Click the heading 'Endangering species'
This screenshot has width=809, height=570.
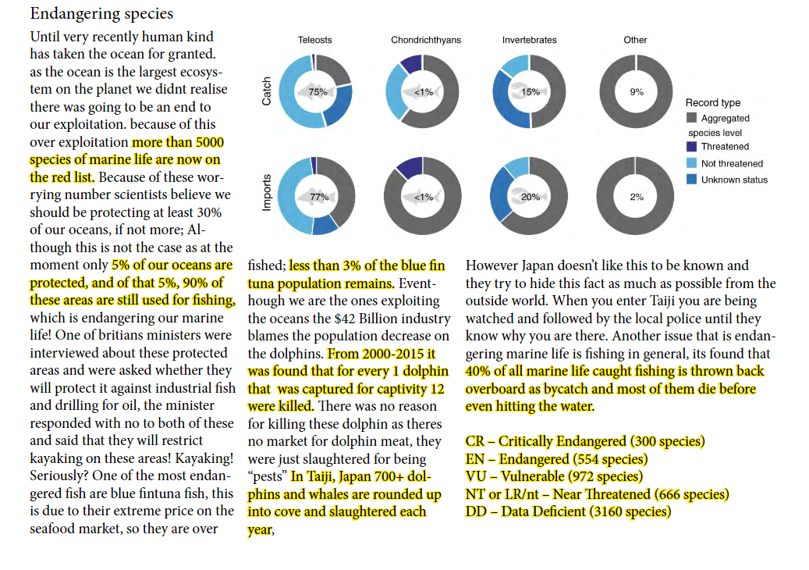(101, 14)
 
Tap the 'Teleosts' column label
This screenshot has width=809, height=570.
(314, 40)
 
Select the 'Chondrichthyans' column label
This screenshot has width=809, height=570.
(426, 40)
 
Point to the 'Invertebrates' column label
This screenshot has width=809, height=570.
(530, 40)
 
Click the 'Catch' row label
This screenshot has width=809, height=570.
(266, 91)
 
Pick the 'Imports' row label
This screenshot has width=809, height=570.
(266, 193)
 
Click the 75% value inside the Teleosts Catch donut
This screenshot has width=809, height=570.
(318, 92)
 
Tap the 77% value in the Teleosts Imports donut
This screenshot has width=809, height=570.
(319, 197)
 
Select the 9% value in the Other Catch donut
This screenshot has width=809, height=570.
(637, 92)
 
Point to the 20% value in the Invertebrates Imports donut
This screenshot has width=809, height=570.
(530, 197)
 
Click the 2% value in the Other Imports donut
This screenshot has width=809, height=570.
(637, 197)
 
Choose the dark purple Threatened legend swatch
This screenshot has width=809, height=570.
(692, 147)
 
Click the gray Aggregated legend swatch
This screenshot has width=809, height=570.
(692, 118)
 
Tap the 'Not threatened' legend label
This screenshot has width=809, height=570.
(732, 164)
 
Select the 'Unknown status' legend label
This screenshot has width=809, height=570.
(734, 180)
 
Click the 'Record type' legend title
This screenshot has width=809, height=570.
(713, 103)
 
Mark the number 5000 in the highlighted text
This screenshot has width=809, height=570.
(210, 142)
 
